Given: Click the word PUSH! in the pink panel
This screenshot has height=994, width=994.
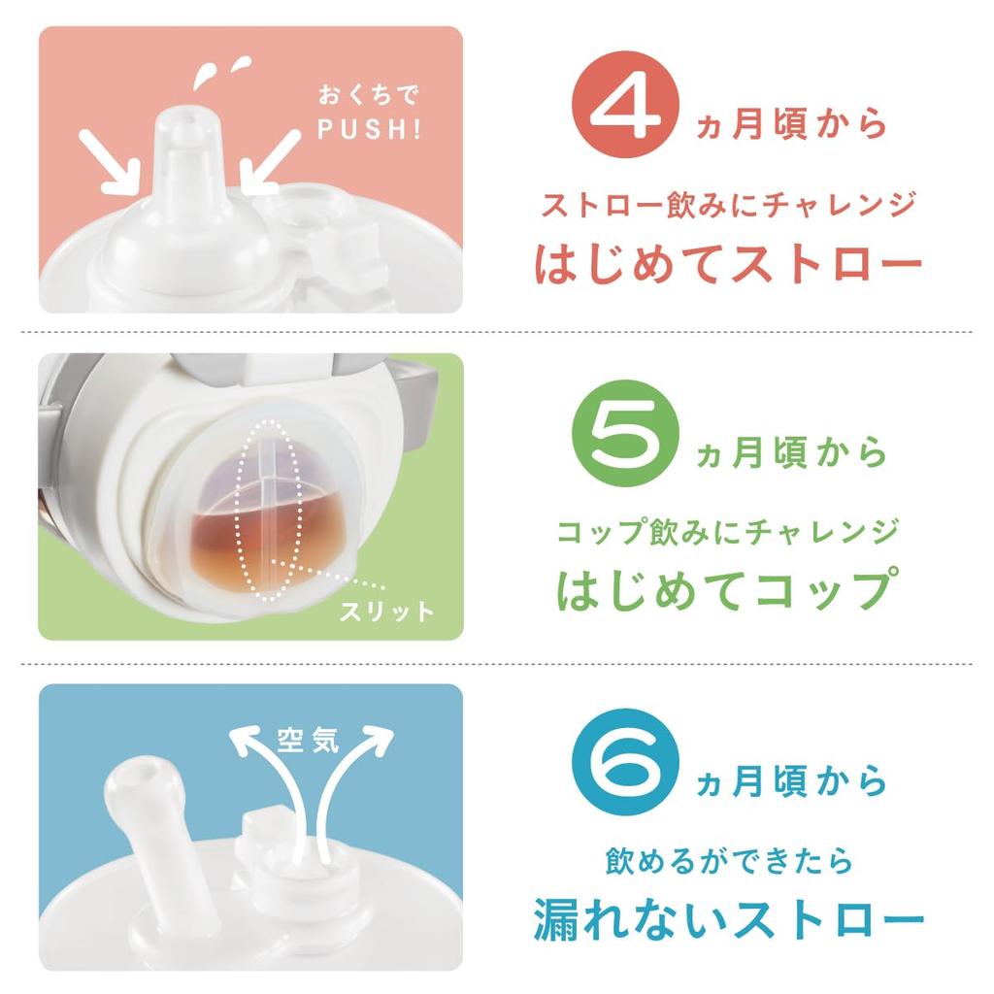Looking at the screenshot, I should tap(365, 129).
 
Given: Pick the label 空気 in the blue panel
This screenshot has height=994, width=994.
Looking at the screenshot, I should tap(307, 741).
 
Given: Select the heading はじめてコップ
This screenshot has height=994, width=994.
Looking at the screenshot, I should tap(725, 589).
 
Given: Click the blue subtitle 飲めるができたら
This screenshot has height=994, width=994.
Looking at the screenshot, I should tap(728, 860).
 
